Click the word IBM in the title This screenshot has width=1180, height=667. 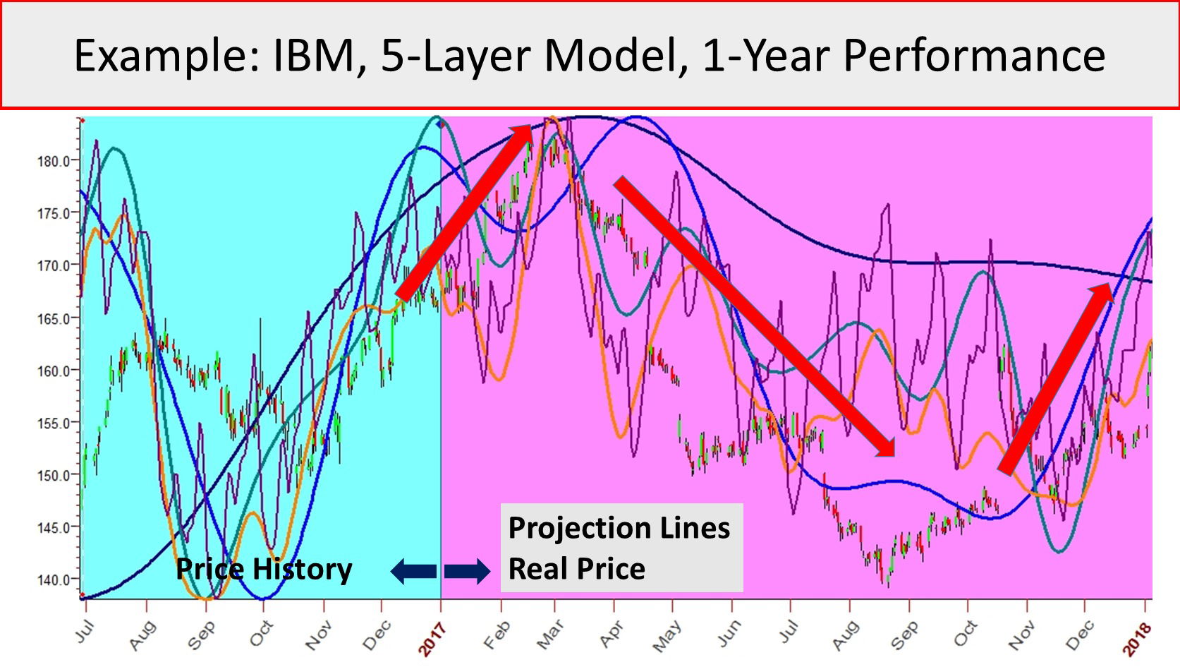pyautogui.click(x=320, y=55)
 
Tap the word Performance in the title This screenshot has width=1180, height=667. pyautogui.click(x=974, y=55)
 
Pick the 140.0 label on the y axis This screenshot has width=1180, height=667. pyautogui.click(x=53, y=580)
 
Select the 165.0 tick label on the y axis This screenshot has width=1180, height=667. pyautogui.click(x=53, y=318)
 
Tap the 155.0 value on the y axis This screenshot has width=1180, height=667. pyautogui.click(x=53, y=423)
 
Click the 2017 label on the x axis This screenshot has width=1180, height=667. pyautogui.click(x=432, y=639)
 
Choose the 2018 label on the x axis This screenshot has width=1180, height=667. pyautogui.click(x=1137, y=639)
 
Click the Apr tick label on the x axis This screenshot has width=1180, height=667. pyautogui.click(x=611, y=635)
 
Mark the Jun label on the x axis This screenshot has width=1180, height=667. pyautogui.click(x=729, y=635)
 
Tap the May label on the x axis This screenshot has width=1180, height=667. pyautogui.click(x=667, y=636)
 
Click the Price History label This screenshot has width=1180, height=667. pyautogui.click(x=264, y=570)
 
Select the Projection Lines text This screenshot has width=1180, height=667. pyautogui.click(x=619, y=528)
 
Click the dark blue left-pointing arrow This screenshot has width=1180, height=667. pyautogui.click(x=413, y=571)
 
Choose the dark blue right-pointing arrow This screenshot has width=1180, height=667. pyautogui.click(x=467, y=571)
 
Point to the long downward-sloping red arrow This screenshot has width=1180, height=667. pyautogui.click(x=755, y=316)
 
